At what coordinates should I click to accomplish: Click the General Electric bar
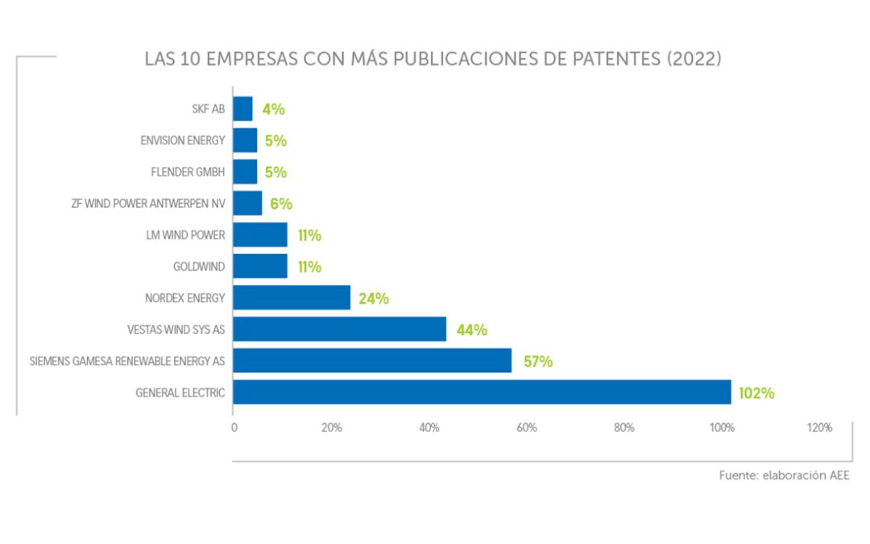click(x=482, y=392)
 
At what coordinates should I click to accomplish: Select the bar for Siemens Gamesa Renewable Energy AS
click(x=372, y=361)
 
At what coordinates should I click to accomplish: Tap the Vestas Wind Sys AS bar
click(x=339, y=330)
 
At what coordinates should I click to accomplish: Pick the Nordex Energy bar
click(x=292, y=298)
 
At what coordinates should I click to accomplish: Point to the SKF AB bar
click(x=242, y=109)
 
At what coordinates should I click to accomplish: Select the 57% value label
click(x=538, y=362)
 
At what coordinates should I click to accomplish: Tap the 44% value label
click(x=472, y=330)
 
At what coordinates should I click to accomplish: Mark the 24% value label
click(x=374, y=299)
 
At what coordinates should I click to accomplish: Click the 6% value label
click(x=280, y=204)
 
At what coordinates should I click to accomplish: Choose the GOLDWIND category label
click(x=199, y=267)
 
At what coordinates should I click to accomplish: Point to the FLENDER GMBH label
click(x=188, y=172)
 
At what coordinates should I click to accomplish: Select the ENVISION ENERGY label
click(x=182, y=140)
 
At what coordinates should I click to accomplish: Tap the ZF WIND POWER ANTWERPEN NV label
click(x=147, y=204)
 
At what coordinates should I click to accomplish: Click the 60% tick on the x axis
click(x=526, y=428)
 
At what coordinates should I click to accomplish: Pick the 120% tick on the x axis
click(x=818, y=428)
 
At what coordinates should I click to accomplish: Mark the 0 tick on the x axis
click(x=234, y=428)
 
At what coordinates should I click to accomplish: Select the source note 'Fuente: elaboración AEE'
click(x=784, y=475)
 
